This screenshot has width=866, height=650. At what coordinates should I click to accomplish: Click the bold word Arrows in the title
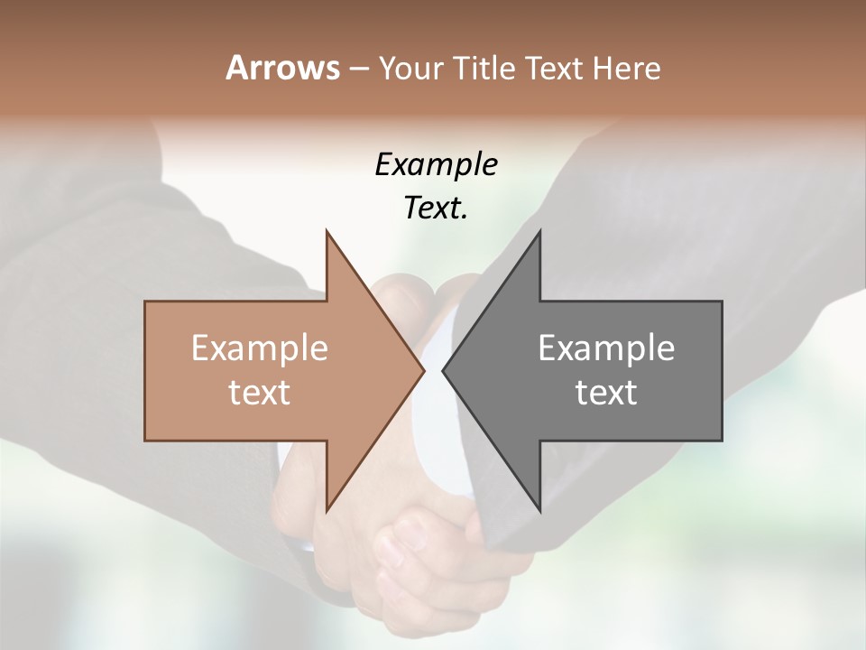281,68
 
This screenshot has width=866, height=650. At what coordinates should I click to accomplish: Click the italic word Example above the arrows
437,165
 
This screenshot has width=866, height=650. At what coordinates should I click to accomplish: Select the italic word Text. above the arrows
437,208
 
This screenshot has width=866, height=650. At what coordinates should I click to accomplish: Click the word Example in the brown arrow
260,348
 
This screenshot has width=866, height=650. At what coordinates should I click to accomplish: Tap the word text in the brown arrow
260,393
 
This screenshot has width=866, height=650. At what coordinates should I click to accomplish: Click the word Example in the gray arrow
606,348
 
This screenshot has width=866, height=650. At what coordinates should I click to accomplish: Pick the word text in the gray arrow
606,393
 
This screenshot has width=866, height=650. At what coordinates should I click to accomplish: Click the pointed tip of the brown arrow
424,370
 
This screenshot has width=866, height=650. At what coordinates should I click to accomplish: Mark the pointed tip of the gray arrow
443,370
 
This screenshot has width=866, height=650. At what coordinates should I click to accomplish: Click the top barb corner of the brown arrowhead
327,231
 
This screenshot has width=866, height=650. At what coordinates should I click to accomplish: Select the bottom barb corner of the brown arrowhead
327,510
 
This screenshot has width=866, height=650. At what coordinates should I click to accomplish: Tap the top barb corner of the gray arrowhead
539,231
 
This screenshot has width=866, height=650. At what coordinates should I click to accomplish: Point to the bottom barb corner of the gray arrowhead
539,510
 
